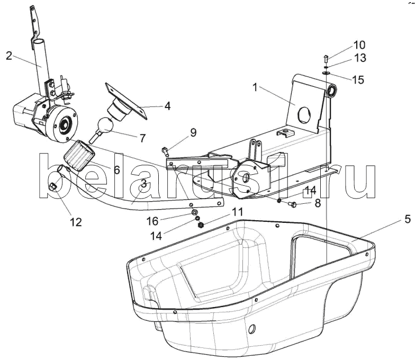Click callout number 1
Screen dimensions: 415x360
(x=255, y=87)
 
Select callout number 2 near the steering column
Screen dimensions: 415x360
(x=9, y=56)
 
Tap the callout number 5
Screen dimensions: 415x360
(x=408, y=219)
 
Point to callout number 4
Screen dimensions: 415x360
(x=167, y=106)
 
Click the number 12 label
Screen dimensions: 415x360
(x=76, y=222)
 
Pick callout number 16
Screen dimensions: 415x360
(x=152, y=221)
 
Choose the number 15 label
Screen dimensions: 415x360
(x=358, y=79)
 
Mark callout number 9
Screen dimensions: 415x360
(x=193, y=132)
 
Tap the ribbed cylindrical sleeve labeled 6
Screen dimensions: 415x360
(x=79, y=156)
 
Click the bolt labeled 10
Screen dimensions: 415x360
(x=326, y=58)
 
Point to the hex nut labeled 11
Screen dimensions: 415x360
(x=201, y=226)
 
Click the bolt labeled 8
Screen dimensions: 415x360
(x=292, y=204)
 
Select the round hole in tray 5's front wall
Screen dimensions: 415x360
(x=252, y=328)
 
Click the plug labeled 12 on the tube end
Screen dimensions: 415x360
(x=52, y=186)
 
